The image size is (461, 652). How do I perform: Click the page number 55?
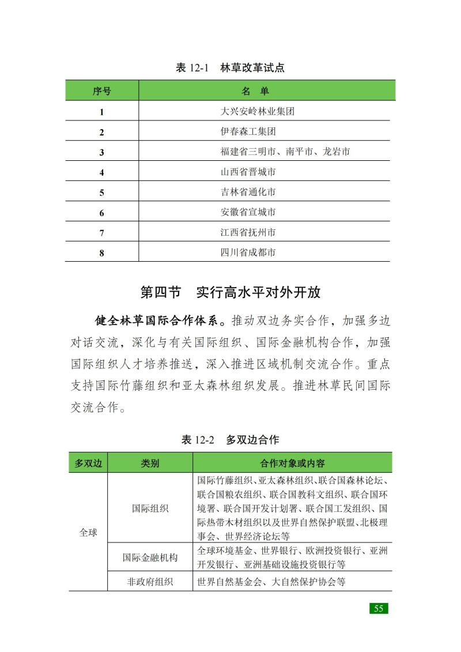(x=379, y=609)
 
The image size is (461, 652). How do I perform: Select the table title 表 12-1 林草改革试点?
(x=230, y=67)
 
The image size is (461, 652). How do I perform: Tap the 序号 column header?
(x=101, y=91)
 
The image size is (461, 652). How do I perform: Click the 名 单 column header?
(x=255, y=91)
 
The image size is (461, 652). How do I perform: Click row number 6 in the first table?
(x=101, y=213)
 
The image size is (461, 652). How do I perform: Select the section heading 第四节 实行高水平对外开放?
(x=230, y=292)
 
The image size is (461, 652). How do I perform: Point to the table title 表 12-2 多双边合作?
(x=230, y=440)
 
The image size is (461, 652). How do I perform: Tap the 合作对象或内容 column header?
(x=292, y=463)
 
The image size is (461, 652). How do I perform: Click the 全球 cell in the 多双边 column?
(x=88, y=533)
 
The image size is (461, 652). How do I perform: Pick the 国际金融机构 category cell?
(x=150, y=557)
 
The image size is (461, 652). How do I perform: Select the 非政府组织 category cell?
(x=150, y=582)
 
